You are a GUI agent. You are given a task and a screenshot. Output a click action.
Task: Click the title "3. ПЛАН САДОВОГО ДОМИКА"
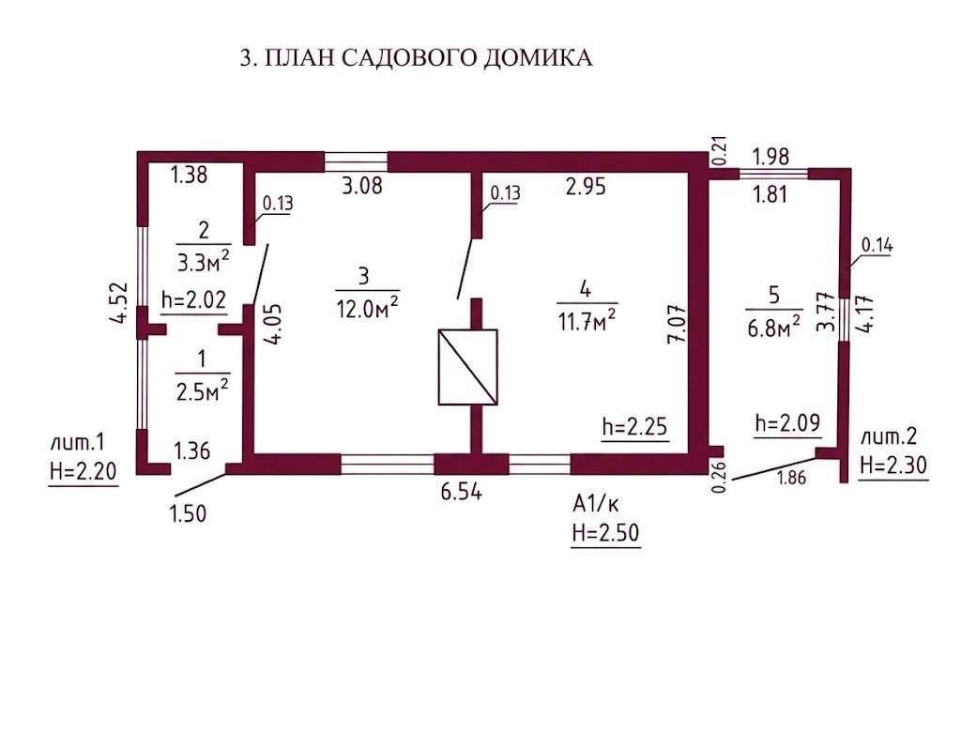(416, 57)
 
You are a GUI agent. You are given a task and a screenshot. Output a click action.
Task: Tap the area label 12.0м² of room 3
(368, 308)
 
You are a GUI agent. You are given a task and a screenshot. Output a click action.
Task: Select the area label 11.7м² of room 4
(587, 320)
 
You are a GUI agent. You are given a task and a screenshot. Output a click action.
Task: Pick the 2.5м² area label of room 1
(203, 389)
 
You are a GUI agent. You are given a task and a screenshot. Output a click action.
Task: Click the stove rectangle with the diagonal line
(467, 367)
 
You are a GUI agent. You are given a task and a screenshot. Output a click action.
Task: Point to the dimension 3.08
(362, 185)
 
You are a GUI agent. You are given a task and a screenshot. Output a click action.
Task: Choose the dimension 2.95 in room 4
(586, 186)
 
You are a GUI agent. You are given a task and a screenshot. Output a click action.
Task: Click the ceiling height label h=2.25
(634, 426)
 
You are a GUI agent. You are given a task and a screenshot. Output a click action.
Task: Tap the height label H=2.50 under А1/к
(605, 532)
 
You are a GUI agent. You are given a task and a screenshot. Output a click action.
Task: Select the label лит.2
(889, 436)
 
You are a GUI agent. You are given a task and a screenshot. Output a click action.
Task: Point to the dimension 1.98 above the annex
(770, 157)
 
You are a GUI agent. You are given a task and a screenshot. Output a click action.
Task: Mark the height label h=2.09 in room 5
(787, 422)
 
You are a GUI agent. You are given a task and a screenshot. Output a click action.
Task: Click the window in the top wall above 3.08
(356, 161)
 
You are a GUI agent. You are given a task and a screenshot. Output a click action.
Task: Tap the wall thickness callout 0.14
(877, 245)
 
